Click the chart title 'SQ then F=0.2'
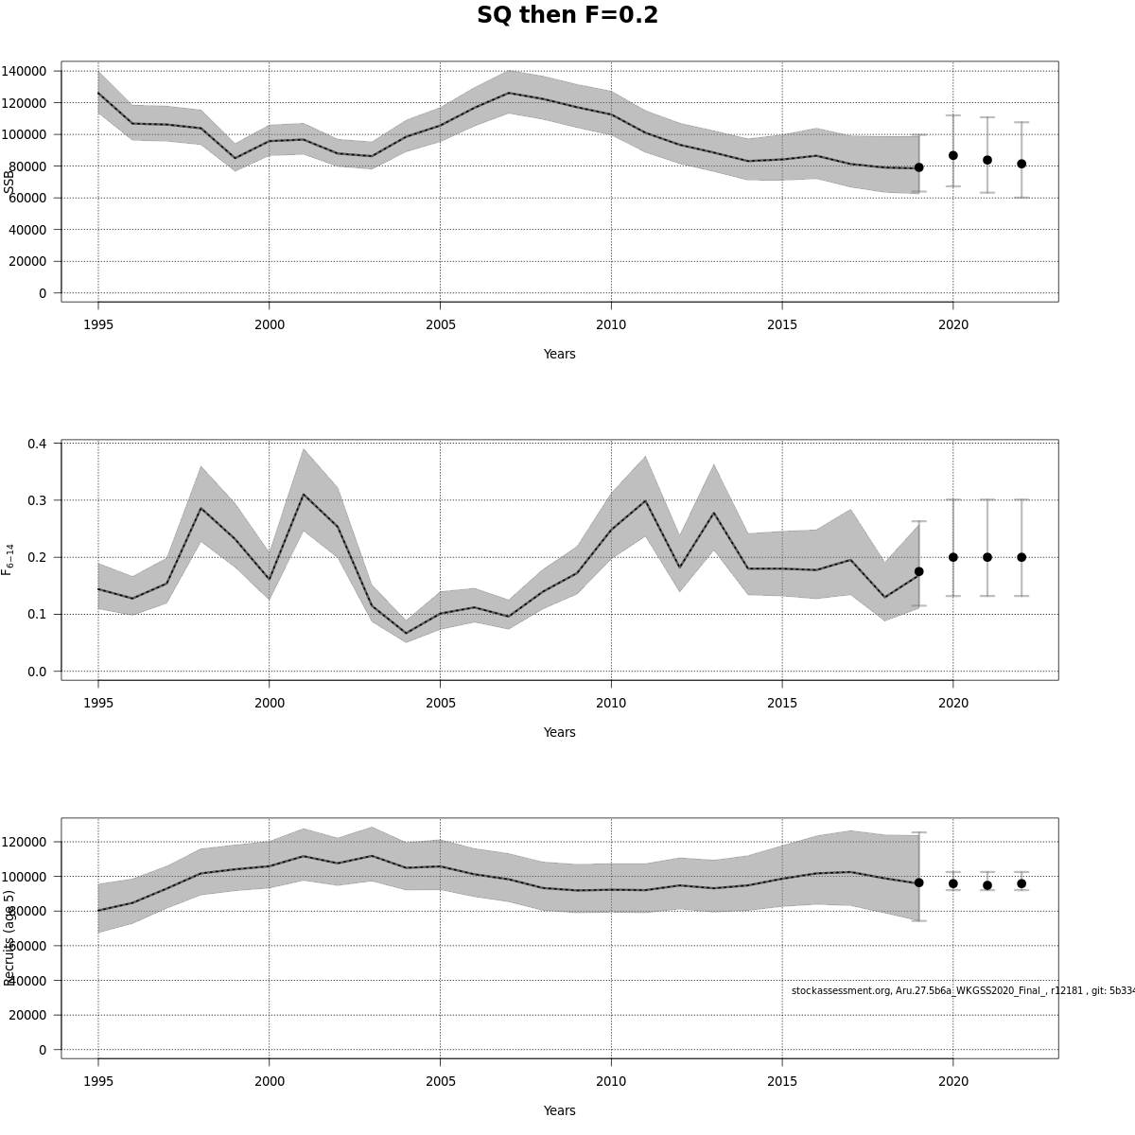(x=567, y=16)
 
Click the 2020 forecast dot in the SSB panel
(x=953, y=155)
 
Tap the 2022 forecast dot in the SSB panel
(x=1021, y=164)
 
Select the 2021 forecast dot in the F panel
(x=987, y=557)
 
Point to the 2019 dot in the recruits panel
(x=918, y=882)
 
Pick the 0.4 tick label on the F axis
(x=38, y=444)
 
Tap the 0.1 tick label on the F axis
(x=38, y=615)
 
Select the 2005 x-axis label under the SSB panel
(x=440, y=325)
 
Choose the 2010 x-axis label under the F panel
(x=611, y=703)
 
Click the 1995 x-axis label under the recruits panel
(x=98, y=1081)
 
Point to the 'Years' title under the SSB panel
(x=559, y=354)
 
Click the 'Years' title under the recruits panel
(x=559, y=1110)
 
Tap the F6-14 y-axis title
(x=8, y=559)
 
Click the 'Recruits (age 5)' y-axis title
(x=9, y=937)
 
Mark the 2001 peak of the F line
(x=304, y=495)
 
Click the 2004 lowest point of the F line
(x=406, y=634)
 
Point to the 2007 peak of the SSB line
(x=509, y=93)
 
